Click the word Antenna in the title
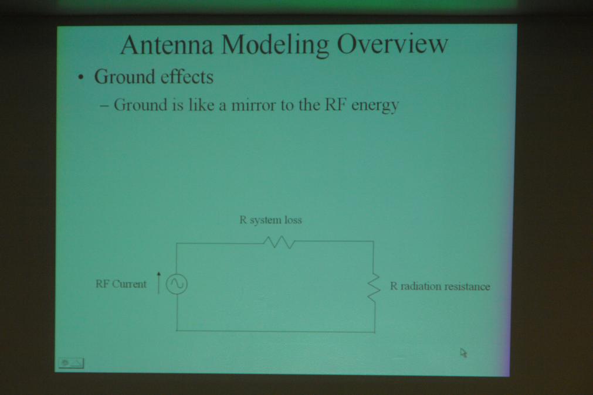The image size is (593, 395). click(x=167, y=45)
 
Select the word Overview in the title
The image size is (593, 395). click(x=392, y=44)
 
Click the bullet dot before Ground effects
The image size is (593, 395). click(x=80, y=78)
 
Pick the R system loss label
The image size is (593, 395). click(x=271, y=220)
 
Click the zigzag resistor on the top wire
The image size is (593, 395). click(x=279, y=242)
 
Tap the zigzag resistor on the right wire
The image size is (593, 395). click(x=374, y=287)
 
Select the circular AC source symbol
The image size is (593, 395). click(x=177, y=284)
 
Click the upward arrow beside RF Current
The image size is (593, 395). click(x=159, y=282)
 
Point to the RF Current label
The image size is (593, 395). click(x=121, y=284)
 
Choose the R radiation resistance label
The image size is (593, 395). click(x=440, y=287)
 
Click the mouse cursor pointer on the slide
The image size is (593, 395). click(x=463, y=353)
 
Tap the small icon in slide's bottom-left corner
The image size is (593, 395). click(x=71, y=363)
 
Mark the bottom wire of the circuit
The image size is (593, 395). click(x=276, y=332)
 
